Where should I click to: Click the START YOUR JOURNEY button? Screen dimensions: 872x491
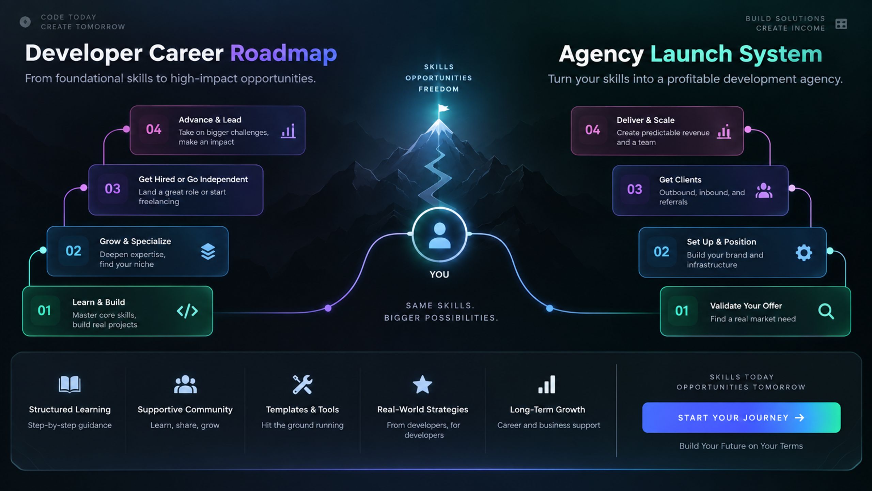pyautogui.click(x=741, y=417)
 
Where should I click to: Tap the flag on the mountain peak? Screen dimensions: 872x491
pyautogui.click(x=443, y=109)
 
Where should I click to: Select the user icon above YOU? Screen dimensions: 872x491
pyautogui.click(x=439, y=235)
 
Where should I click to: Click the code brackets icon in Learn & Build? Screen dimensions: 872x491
pyautogui.click(x=187, y=311)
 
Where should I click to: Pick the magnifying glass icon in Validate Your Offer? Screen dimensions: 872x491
pyautogui.click(x=826, y=311)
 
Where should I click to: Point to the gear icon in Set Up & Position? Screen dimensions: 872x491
pyautogui.click(x=804, y=253)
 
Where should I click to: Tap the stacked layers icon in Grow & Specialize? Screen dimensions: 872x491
pyautogui.click(x=208, y=252)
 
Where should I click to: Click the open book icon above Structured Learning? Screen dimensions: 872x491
pyautogui.click(x=69, y=385)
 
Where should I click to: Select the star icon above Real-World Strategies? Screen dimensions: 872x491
pyautogui.click(x=422, y=385)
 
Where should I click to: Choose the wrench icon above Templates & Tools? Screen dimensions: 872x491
pyautogui.click(x=302, y=385)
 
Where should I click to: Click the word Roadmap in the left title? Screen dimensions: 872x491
pyautogui.click(x=283, y=53)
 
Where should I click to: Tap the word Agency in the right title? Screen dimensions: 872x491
pyautogui.click(x=601, y=55)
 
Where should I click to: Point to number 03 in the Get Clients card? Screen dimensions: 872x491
pyautogui.click(x=635, y=189)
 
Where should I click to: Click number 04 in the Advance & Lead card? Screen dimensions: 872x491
pyautogui.click(x=154, y=129)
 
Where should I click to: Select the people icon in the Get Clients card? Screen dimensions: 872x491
pyautogui.click(x=764, y=191)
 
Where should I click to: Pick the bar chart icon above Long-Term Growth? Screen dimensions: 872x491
pyautogui.click(x=547, y=385)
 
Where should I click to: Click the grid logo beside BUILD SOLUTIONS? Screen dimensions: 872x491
pyautogui.click(x=841, y=24)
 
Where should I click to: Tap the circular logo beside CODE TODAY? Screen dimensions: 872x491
pyautogui.click(x=25, y=22)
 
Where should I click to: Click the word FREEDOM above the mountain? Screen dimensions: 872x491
pyautogui.click(x=439, y=89)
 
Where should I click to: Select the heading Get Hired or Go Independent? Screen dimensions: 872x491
pyautogui.click(x=193, y=179)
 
